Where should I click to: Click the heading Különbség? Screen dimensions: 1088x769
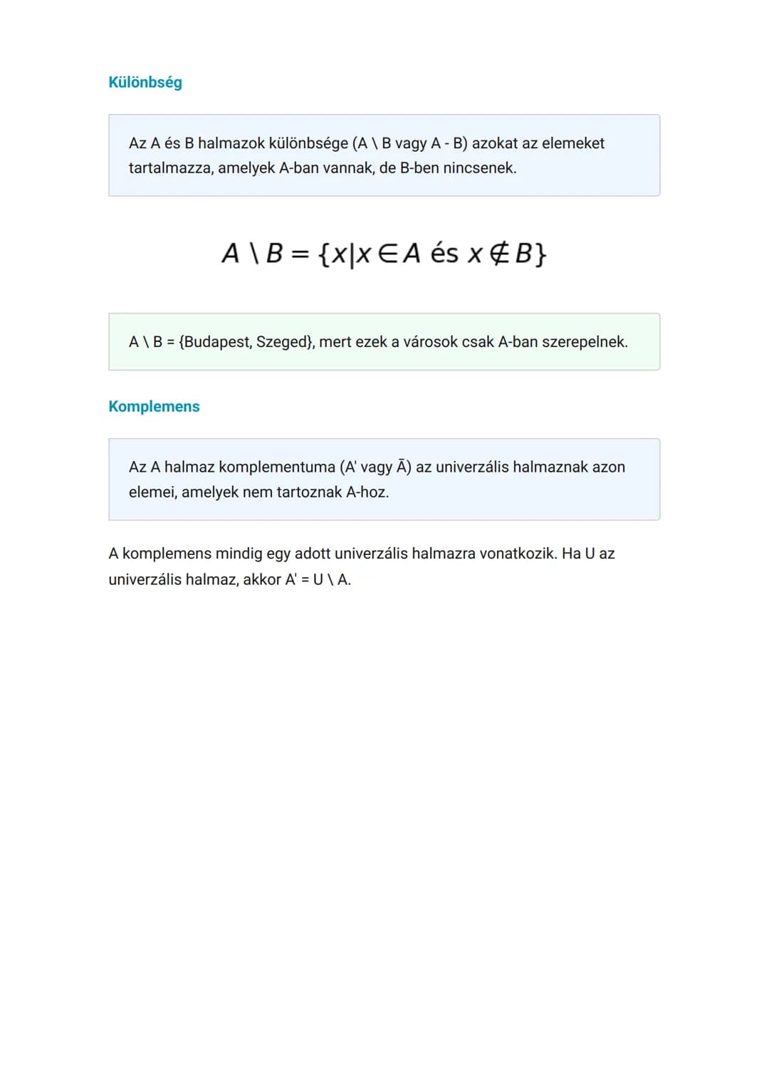145,83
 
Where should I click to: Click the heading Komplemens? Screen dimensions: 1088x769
154,407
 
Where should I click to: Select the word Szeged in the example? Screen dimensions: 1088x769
283,342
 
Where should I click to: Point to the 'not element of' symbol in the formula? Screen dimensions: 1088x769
499,254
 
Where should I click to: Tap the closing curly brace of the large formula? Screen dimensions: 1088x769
540,254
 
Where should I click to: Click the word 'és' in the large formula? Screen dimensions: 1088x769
444,254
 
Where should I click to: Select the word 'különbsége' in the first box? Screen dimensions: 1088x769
308,143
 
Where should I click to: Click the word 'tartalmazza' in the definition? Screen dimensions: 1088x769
171,168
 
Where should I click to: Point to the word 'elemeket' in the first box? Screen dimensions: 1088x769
573,143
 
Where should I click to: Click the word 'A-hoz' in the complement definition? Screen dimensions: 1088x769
366,492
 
